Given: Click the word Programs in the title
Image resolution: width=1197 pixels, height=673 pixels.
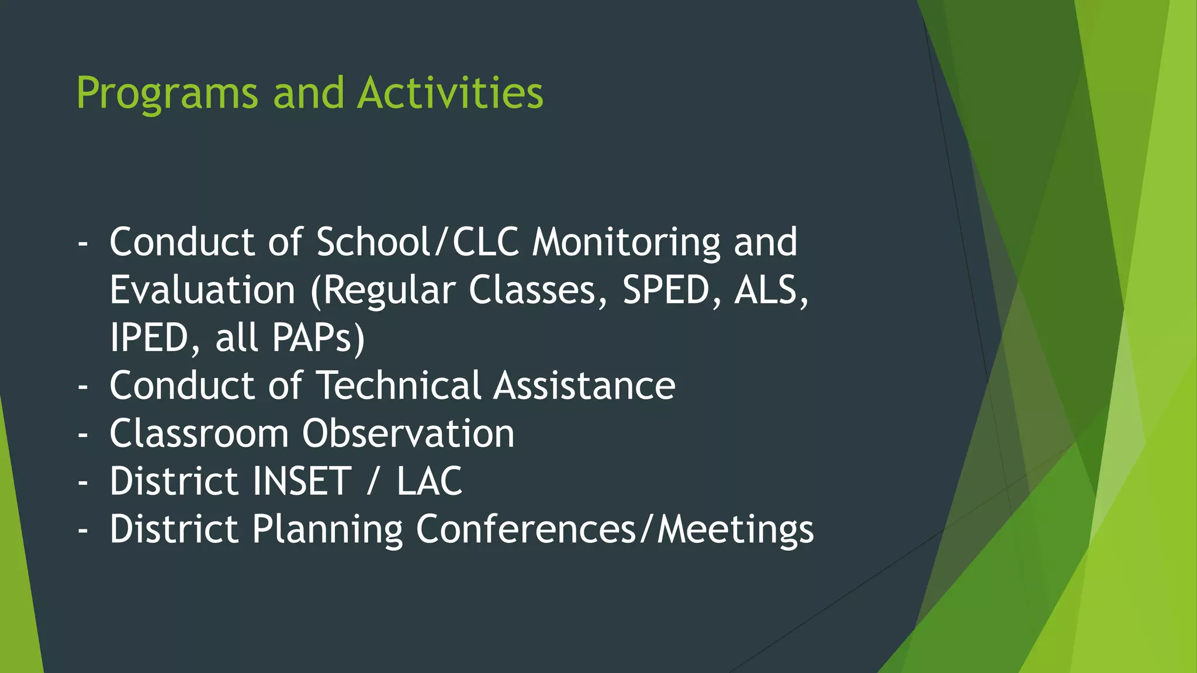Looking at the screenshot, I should [167, 93].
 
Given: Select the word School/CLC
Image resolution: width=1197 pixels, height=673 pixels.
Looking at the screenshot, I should [417, 242].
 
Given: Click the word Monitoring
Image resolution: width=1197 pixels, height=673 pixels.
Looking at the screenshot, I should [626, 243].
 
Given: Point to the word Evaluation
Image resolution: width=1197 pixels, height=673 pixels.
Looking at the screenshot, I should [202, 290].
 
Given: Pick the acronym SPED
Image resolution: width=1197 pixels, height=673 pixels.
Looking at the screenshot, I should [666, 290].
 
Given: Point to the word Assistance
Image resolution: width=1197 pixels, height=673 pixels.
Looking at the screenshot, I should [584, 386].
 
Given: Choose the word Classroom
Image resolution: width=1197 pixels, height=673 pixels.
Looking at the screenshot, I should [199, 433].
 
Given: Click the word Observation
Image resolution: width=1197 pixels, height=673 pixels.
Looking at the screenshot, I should [408, 433].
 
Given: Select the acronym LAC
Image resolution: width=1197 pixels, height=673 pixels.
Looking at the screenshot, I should [430, 481].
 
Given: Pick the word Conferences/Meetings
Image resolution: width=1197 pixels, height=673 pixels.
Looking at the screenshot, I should [614, 529].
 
